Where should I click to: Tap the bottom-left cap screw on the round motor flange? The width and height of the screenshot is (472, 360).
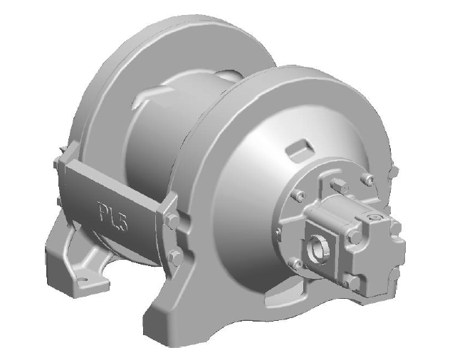297,264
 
